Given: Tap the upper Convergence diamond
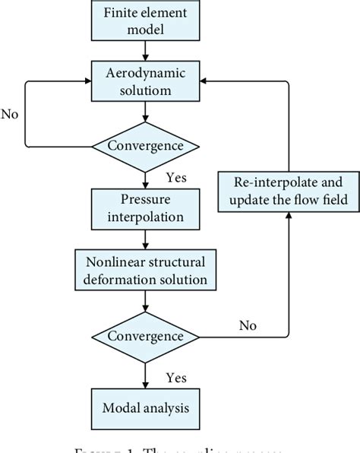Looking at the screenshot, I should (144, 144).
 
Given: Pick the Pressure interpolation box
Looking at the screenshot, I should (144, 207).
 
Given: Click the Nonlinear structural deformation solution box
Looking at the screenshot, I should (144, 270).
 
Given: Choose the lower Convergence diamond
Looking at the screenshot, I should (144, 335).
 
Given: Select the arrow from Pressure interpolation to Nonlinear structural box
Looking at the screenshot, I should (144, 239).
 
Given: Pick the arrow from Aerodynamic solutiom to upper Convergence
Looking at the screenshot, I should (144, 112).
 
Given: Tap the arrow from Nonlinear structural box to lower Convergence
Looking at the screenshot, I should (144, 301).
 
